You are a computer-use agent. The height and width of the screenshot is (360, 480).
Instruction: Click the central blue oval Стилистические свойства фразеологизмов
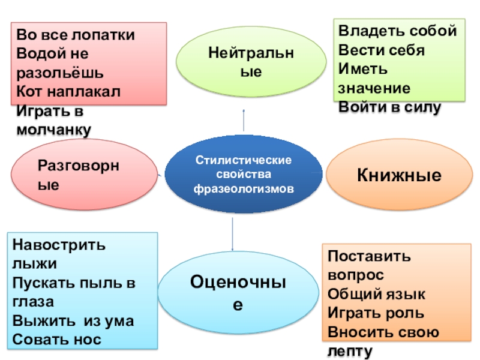pos(244,175)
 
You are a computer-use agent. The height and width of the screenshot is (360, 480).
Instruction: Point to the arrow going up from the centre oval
pos(244,120)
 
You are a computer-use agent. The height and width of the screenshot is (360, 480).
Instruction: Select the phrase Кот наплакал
pos(68,91)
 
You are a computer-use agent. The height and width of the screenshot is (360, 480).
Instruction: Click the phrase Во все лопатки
pos(75,35)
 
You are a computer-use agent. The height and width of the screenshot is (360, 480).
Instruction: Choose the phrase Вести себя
pos(382,50)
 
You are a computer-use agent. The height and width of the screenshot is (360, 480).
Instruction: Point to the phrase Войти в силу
pos(390,107)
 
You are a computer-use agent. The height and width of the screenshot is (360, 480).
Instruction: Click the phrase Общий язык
pos(377,294)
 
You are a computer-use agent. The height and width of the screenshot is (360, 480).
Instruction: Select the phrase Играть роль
pos(376,313)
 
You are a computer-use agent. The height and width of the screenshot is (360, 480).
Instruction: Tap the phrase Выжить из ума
pos(73,321)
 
